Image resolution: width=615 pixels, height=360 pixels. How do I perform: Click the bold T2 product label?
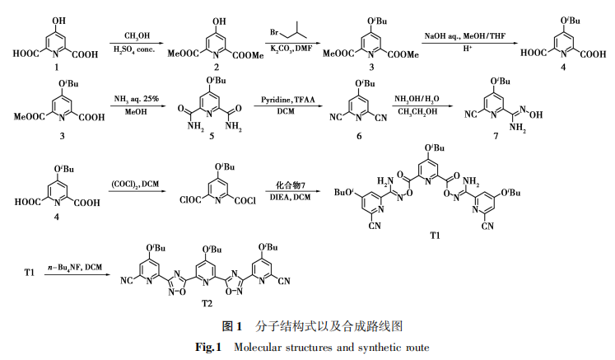tap(207, 302)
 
